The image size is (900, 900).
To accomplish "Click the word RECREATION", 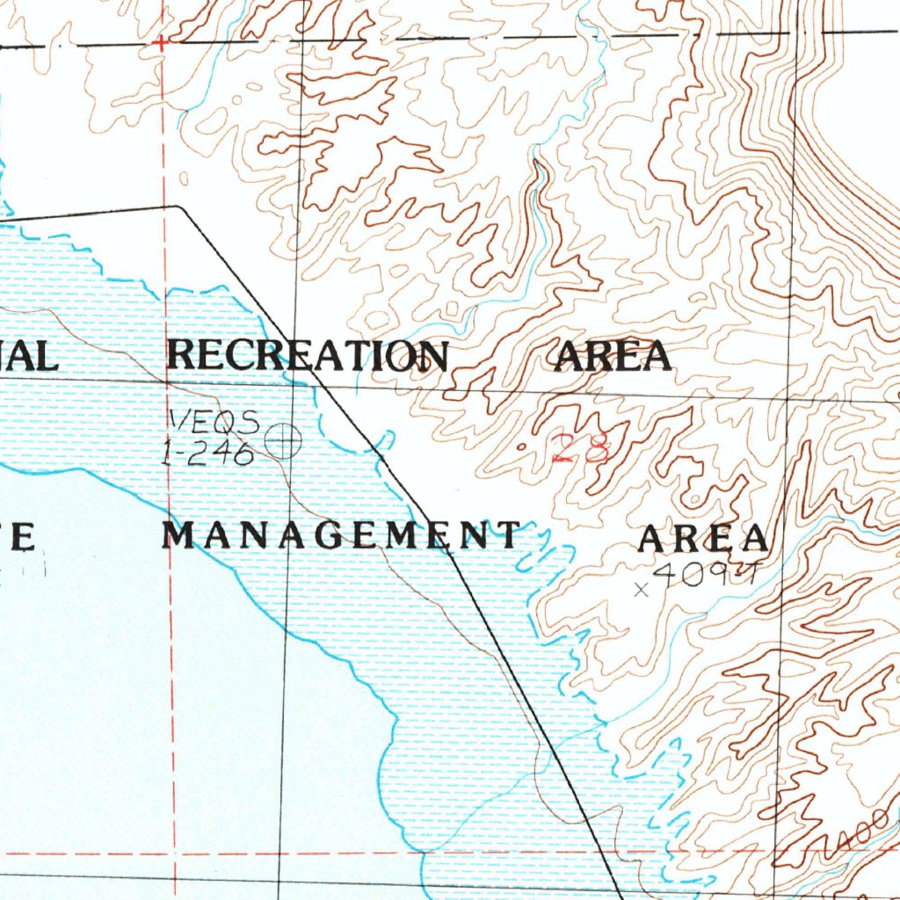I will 307,355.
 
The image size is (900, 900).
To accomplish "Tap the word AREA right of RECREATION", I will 613,356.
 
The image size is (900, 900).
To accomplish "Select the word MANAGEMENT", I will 342,534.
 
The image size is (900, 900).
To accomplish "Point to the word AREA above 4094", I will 703,538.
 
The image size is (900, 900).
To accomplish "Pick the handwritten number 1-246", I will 209,453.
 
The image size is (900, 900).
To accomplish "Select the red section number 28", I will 581,449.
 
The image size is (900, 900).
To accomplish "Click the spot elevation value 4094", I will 706,575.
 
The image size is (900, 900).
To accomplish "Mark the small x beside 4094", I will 642,590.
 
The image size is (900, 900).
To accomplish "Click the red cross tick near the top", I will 161,42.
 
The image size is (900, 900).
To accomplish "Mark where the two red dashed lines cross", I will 174,853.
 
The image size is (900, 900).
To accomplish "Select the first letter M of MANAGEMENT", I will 178,534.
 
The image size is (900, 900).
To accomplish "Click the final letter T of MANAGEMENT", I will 507,534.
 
